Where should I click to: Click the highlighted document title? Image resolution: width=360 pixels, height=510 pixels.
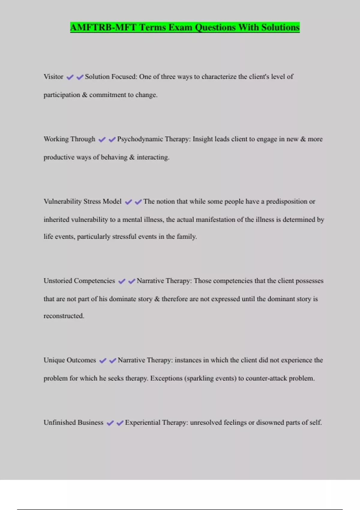(185, 27)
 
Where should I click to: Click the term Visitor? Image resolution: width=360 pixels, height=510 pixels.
(53, 77)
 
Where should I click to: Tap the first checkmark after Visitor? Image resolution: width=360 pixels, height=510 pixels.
(70, 77)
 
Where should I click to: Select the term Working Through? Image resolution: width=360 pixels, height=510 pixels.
(69, 139)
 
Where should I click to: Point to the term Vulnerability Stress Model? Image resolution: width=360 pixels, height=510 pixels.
(82, 202)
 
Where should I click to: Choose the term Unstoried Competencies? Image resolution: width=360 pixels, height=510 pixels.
(79, 281)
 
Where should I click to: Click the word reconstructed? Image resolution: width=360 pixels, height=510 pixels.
(64, 316)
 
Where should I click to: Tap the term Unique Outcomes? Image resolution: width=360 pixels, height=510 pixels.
(70, 360)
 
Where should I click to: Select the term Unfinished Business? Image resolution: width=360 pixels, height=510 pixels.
(73, 422)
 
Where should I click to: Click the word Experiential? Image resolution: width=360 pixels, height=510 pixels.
(142, 422)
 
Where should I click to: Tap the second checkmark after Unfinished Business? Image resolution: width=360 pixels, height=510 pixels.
(120, 423)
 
